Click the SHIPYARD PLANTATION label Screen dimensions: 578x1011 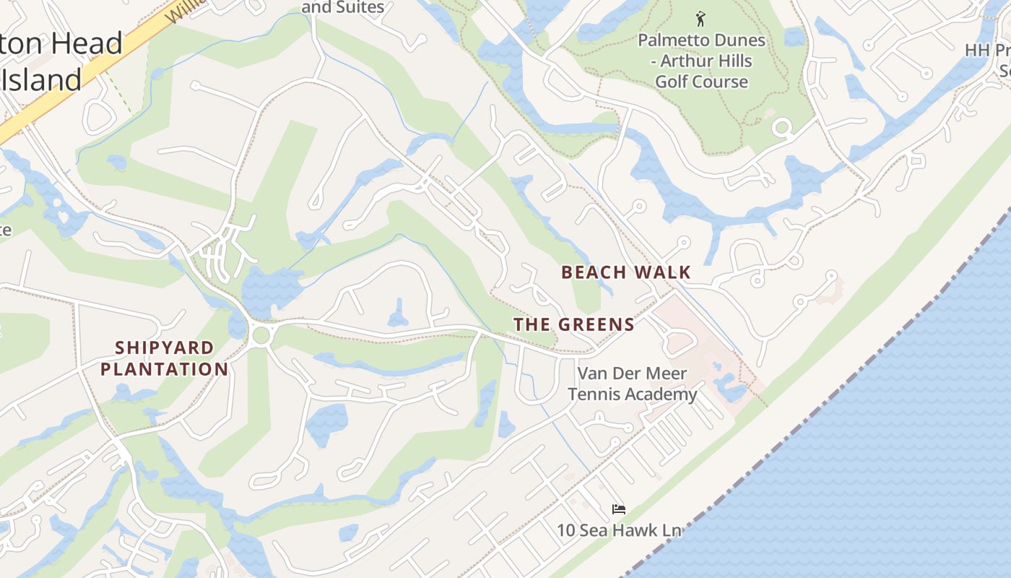164,358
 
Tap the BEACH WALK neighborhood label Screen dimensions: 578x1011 626,272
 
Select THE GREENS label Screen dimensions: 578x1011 574,324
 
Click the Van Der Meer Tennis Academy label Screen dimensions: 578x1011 632,384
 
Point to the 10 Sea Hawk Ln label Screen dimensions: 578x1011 618,530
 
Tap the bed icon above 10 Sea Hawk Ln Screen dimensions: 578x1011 618,509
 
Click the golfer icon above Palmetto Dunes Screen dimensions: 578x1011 700,18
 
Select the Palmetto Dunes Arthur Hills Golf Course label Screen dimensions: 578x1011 701,61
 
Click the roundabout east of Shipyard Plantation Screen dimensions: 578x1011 261,335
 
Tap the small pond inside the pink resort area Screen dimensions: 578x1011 729,391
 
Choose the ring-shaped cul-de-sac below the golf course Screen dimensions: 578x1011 781,129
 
